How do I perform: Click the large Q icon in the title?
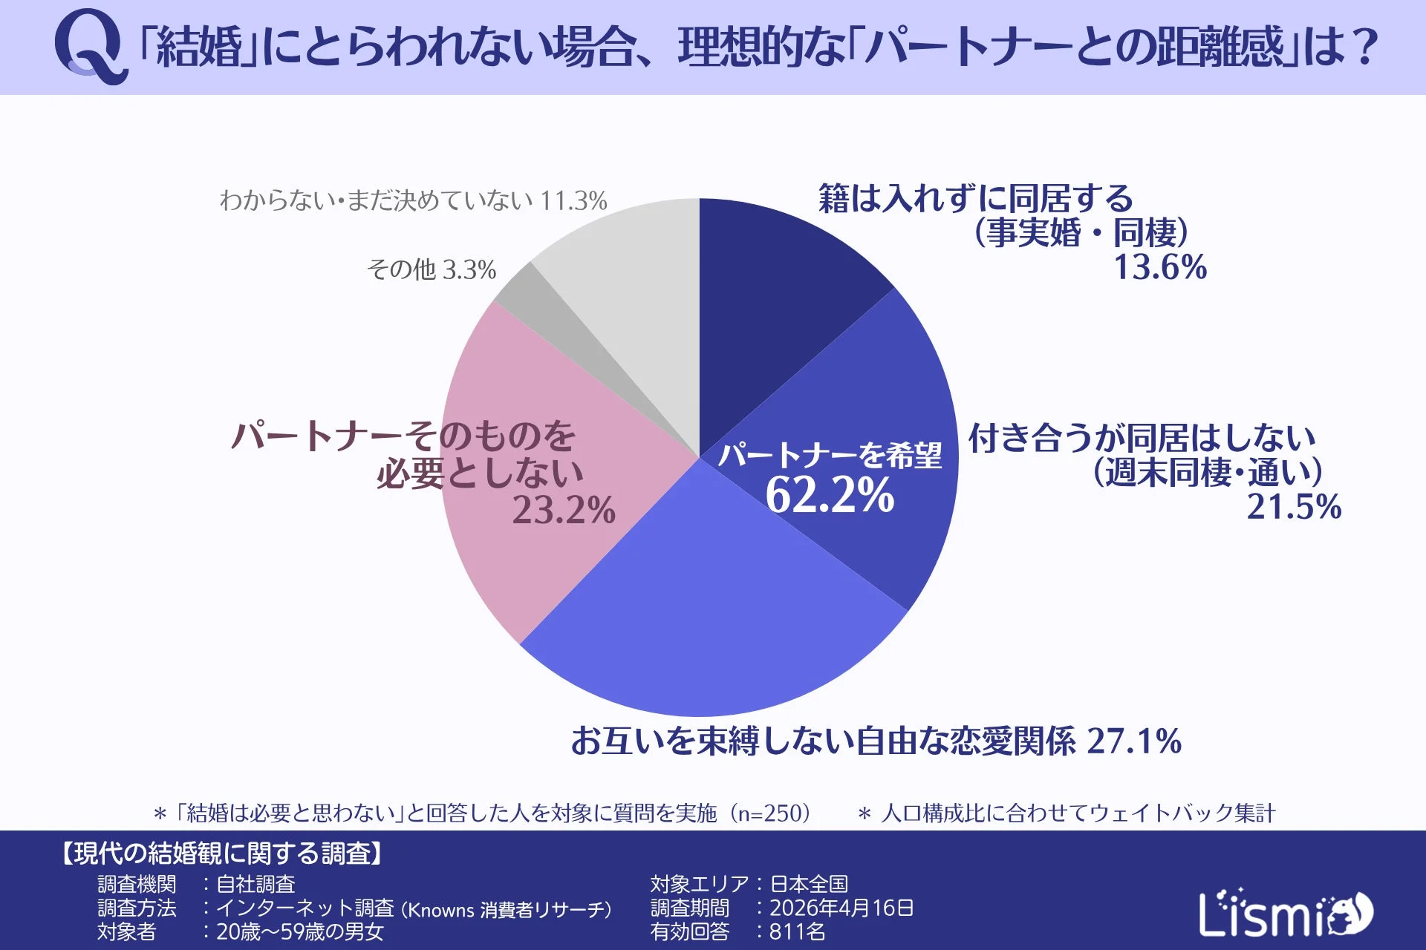click(x=88, y=46)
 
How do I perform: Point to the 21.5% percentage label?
click(x=1294, y=507)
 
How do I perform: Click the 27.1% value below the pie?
click(x=1133, y=741)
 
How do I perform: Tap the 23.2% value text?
click(x=563, y=510)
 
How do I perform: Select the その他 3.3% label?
click(x=431, y=269)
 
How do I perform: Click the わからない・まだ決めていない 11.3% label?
click(x=413, y=200)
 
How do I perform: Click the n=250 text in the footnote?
click(x=769, y=813)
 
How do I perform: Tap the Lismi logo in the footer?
click(x=1285, y=914)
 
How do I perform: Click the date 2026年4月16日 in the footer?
click(x=841, y=908)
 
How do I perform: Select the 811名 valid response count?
click(x=796, y=931)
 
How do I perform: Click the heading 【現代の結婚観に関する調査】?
click(x=222, y=854)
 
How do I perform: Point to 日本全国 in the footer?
click(x=808, y=884)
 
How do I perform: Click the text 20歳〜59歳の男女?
click(x=299, y=931)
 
